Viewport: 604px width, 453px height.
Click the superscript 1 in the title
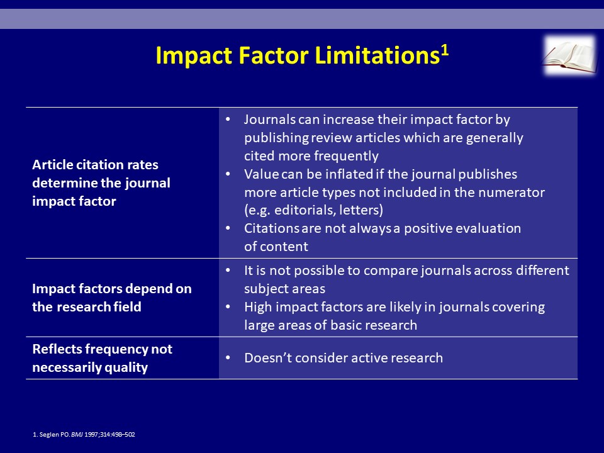pyautogui.click(x=445, y=50)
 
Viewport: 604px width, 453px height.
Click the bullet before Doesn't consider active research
pyautogui.click(x=228, y=358)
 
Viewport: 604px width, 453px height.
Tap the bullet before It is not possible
pyautogui.click(x=228, y=271)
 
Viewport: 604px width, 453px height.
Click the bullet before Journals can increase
pyautogui.click(x=228, y=120)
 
